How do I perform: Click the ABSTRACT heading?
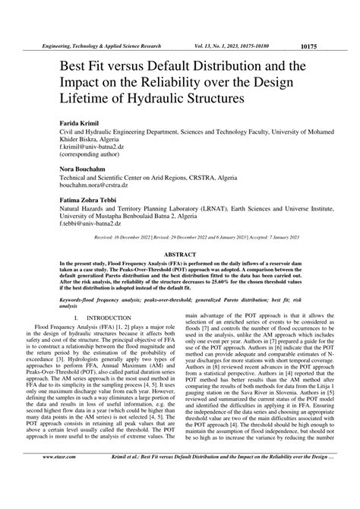click(x=180, y=256)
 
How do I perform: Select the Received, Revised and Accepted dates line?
click(x=180, y=239)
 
